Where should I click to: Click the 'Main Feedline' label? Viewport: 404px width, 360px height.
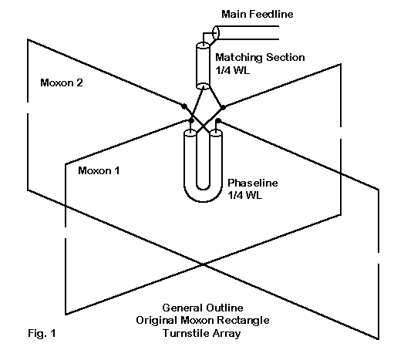click(x=258, y=14)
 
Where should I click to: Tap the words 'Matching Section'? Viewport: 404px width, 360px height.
click(x=260, y=58)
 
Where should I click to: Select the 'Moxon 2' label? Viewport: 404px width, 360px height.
click(x=62, y=82)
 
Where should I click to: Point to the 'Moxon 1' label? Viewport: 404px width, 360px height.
click(x=99, y=170)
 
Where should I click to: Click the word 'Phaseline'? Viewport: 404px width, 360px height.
click(x=253, y=183)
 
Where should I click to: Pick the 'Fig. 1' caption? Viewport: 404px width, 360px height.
click(x=42, y=333)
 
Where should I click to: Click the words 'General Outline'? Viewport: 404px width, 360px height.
click(x=203, y=308)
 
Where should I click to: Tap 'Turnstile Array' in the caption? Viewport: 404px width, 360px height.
click(x=202, y=333)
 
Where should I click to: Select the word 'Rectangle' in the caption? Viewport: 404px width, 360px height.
click(x=243, y=321)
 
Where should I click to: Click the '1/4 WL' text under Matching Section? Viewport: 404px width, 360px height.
click(x=232, y=70)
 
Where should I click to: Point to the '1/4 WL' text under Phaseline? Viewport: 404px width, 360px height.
click(x=244, y=195)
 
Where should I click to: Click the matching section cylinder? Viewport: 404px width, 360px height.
click(x=204, y=66)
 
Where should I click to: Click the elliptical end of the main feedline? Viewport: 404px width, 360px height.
click(x=216, y=32)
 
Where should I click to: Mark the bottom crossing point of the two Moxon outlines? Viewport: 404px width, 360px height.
click(x=204, y=264)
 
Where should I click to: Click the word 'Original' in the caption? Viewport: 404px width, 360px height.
click(x=157, y=321)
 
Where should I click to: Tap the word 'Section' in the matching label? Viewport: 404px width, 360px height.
click(x=285, y=58)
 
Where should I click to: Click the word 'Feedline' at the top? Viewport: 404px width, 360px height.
click(x=271, y=14)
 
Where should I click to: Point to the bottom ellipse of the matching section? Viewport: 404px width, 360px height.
click(x=204, y=86)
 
